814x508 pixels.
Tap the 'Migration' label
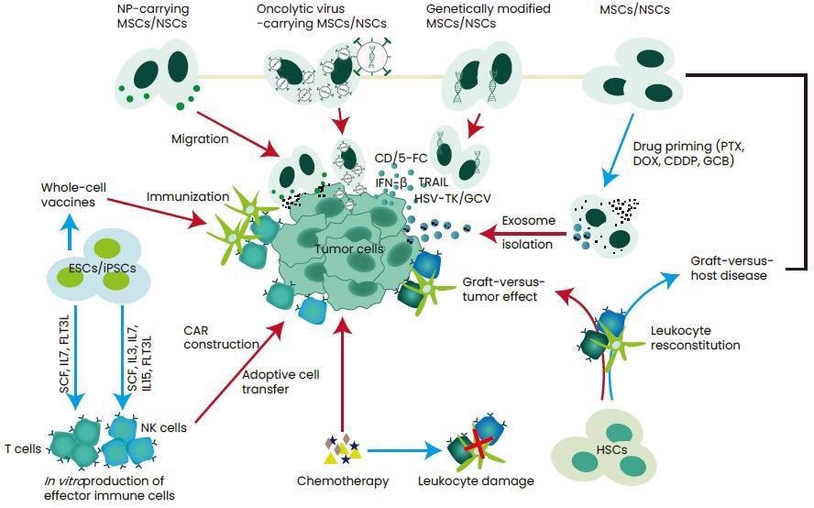pos(200,138)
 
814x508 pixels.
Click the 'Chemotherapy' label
pos(343,480)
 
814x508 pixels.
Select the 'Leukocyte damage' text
pos(476,480)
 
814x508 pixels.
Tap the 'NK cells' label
pos(164,427)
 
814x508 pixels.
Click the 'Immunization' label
pos(188,196)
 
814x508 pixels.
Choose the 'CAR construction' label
pos(221,337)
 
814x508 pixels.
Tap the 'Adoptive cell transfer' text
pos(280,381)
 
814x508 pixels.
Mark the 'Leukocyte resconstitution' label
pos(695,337)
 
